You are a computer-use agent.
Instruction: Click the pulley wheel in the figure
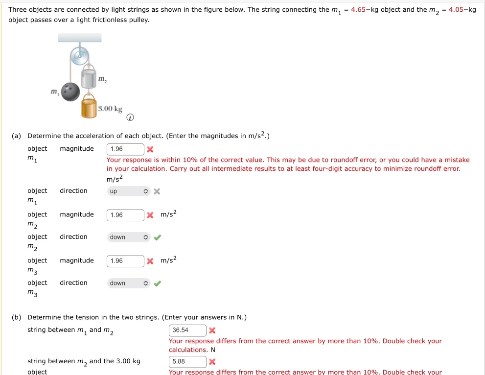tap(79, 55)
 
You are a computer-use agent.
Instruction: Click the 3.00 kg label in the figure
tap(110, 108)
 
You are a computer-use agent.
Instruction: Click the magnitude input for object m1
tap(125, 149)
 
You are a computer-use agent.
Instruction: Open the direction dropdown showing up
tap(128, 191)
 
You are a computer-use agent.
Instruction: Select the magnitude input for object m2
tap(125, 215)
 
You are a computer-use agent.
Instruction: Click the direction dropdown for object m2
tap(128, 237)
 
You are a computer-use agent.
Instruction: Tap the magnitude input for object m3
tap(125, 261)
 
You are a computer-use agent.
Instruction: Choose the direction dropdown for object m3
tap(128, 283)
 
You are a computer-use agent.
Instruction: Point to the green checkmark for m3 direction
tap(157, 283)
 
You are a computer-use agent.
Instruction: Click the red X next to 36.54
tap(212, 330)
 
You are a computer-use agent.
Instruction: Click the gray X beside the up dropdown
tap(157, 191)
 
